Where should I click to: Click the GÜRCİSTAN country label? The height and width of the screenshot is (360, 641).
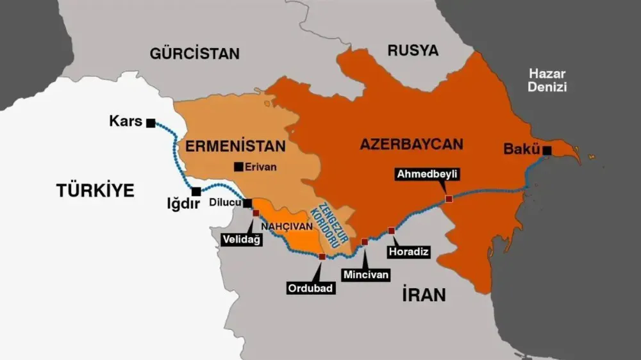pos(194,53)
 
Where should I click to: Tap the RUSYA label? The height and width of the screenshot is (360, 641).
pos(413,51)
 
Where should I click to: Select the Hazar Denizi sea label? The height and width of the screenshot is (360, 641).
pos(547,80)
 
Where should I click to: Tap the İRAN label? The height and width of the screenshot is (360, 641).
pos(423,295)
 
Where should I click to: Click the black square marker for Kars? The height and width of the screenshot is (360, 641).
pos(151,123)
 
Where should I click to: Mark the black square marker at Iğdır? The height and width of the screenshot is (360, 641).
pos(196,191)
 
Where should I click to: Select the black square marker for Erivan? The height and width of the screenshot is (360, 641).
pos(238,167)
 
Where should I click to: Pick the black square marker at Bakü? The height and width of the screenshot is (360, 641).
pos(547,151)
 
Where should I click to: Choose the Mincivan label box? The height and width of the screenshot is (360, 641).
pos(366,275)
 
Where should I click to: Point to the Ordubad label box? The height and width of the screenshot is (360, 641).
pos(311,288)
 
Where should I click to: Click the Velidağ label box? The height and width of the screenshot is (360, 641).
pos(240,239)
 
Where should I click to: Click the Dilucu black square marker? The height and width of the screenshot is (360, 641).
pos(248,203)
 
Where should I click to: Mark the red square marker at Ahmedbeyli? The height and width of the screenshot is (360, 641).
pos(449,199)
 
